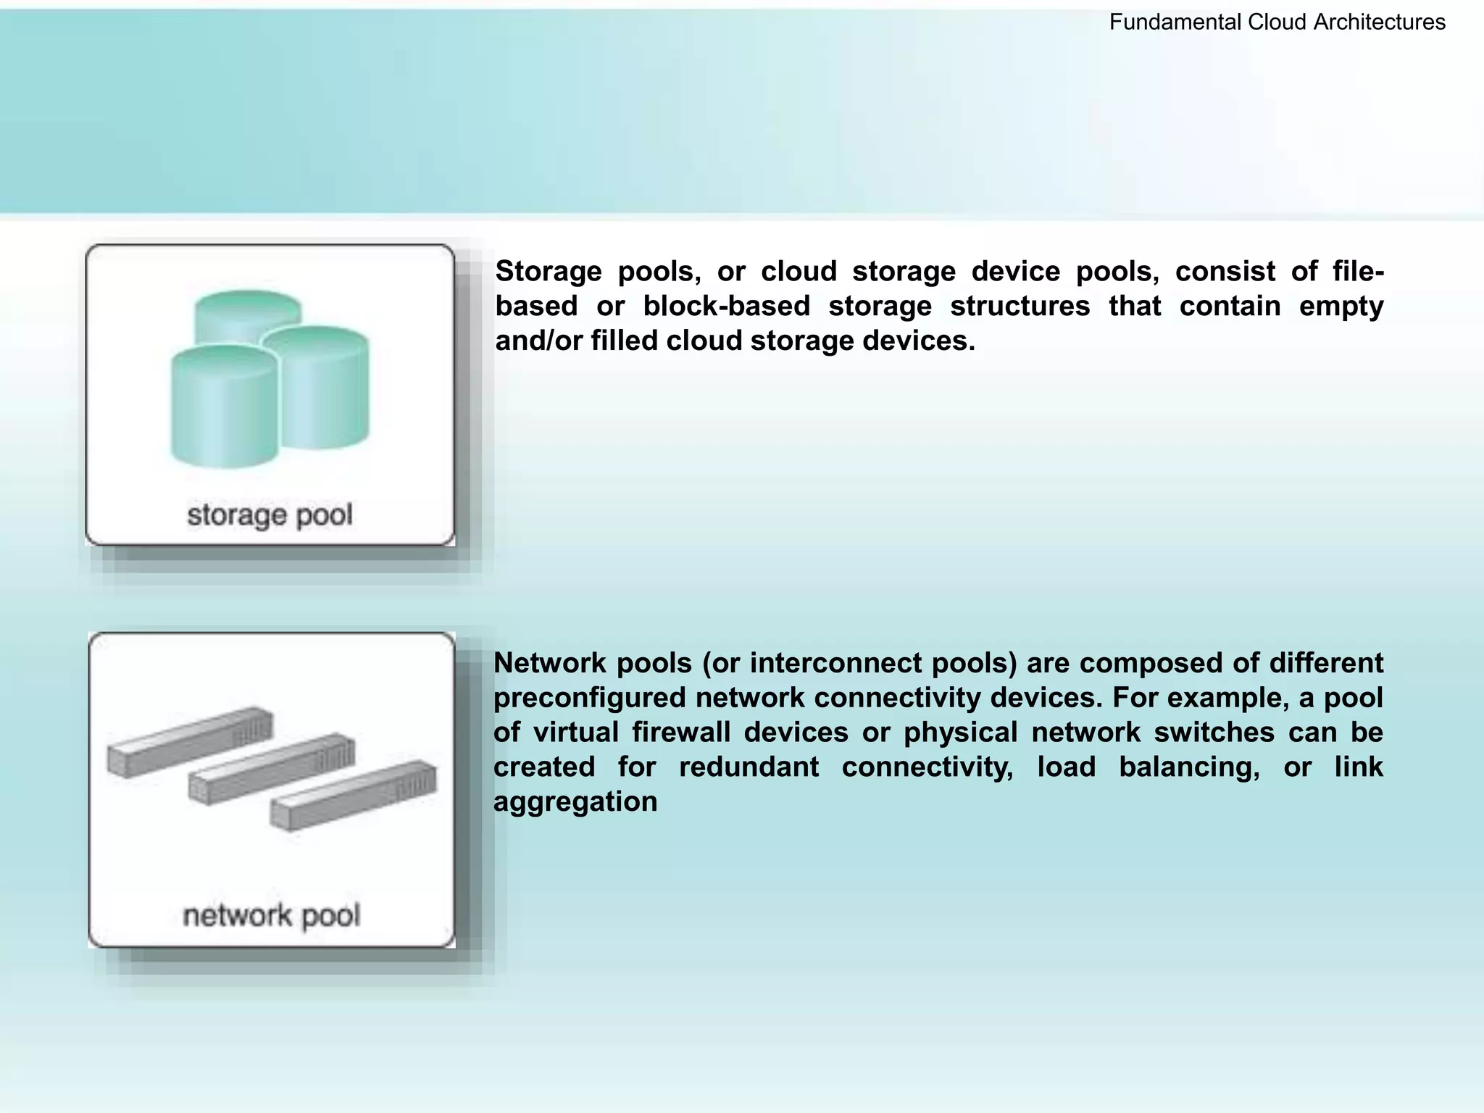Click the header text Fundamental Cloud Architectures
(x=1277, y=22)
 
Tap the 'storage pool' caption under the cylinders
(x=270, y=515)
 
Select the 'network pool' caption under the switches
(x=271, y=915)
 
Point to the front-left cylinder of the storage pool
(x=223, y=409)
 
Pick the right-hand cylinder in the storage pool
(x=324, y=388)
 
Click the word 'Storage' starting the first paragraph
(x=549, y=272)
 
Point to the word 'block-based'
(x=726, y=307)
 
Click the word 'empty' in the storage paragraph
(x=1341, y=307)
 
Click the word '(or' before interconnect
(x=720, y=663)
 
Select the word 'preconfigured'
(x=589, y=698)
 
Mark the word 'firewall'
(x=680, y=733)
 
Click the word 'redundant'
(x=749, y=767)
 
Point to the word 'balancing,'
(x=1189, y=767)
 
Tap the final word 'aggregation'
(x=575, y=801)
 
